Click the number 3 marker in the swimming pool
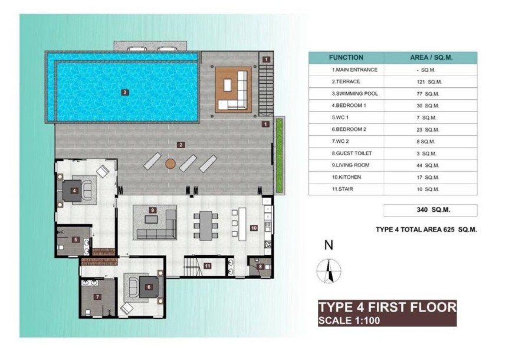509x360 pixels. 124,92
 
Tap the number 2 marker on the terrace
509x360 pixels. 181,145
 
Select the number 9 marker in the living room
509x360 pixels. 152,210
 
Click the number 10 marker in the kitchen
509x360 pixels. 254,227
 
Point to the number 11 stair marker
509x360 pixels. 208,266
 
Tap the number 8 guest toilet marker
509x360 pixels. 261,267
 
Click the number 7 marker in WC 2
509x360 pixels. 97,296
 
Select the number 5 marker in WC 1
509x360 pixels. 76,240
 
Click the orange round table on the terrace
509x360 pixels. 170,163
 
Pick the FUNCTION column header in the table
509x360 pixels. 346,58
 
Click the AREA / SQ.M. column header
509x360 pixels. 431,58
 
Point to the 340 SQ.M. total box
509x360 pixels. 430,210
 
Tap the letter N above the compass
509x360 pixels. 329,245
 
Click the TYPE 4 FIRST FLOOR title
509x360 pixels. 386,307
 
